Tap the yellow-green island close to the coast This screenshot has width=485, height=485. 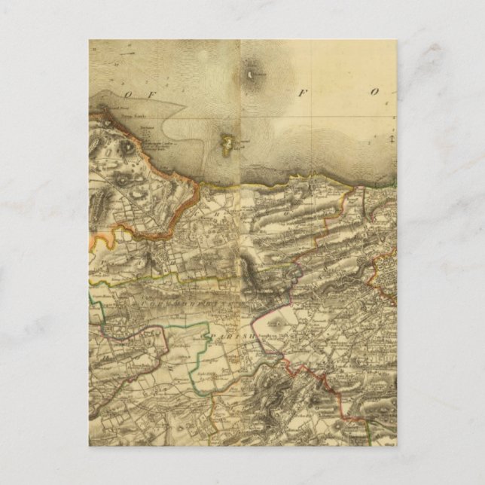pos(226,141)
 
